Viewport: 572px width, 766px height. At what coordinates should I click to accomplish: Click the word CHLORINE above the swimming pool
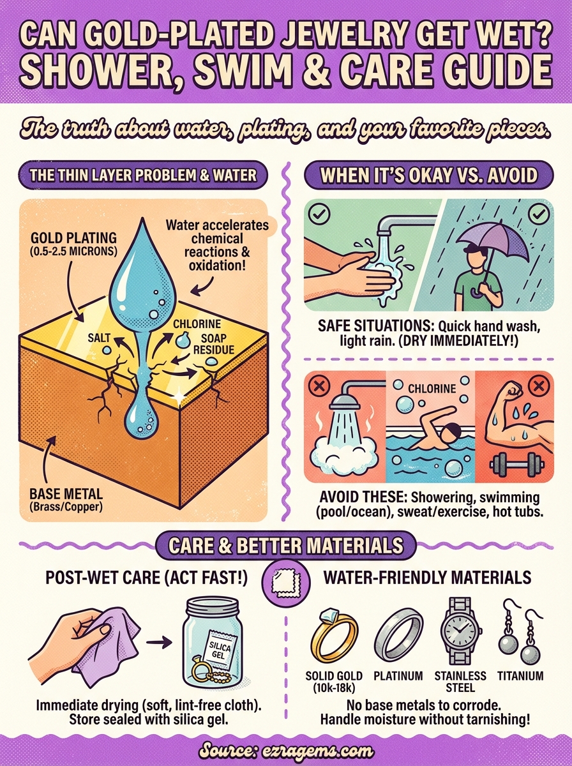coord(432,388)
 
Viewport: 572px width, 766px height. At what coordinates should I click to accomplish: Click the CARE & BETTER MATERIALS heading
coord(285,546)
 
